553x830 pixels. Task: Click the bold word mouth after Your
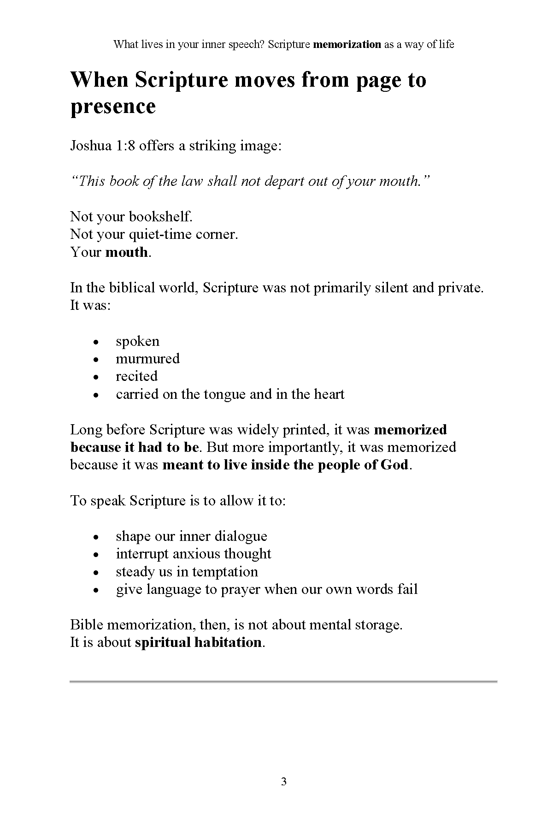(x=126, y=252)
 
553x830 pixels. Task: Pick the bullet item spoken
(x=137, y=341)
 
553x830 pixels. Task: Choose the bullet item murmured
(x=147, y=359)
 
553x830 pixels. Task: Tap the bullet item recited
(x=136, y=376)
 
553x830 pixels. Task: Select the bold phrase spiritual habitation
(x=198, y=642)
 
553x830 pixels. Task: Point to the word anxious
(x=194, y=554)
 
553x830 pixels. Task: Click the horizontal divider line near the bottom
(x=283, y=681)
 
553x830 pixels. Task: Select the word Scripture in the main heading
(x=182, y=80)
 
